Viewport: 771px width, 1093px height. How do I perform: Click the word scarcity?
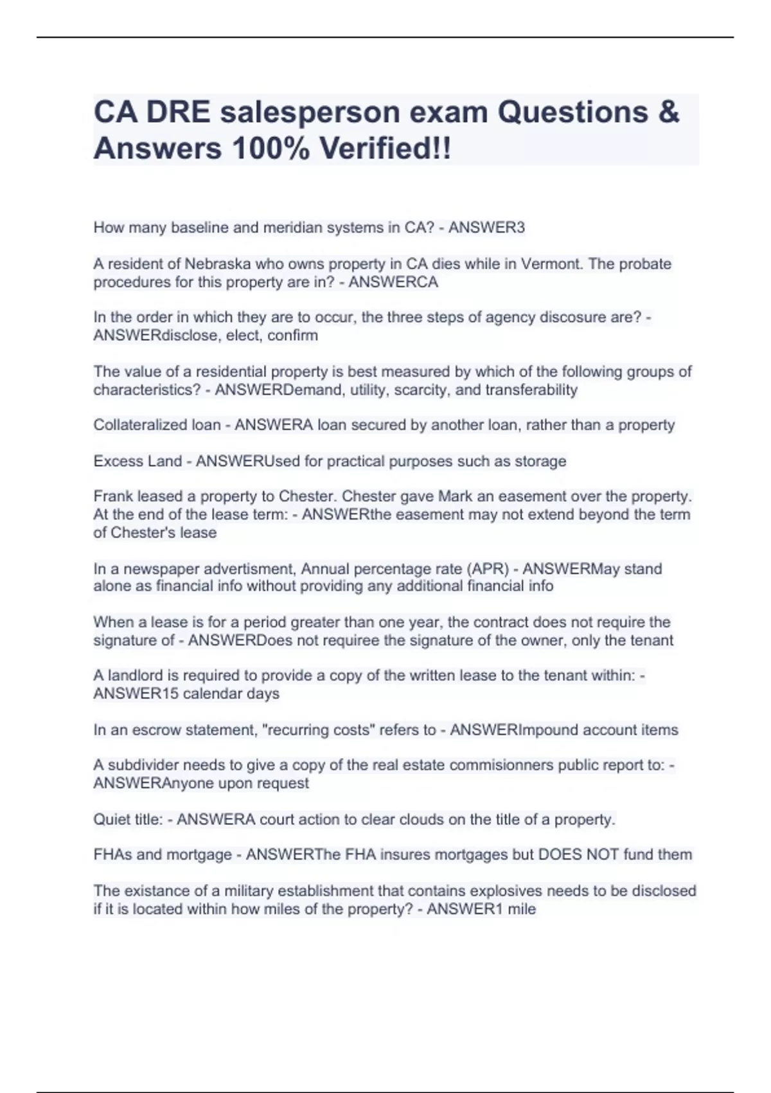(x=421, y=390)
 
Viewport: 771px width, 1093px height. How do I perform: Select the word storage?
(x=540, y=461)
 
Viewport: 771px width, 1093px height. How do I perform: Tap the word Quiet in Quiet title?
(x=111, y=819)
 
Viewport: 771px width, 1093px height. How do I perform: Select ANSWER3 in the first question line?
(x=486, y=228)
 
